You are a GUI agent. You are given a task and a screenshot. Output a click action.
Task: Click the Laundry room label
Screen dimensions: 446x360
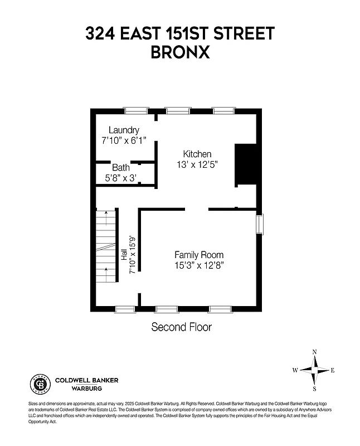click(x=124, y=130)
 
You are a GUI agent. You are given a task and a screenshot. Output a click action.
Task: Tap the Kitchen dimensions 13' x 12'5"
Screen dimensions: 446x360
click(x=197, y=164)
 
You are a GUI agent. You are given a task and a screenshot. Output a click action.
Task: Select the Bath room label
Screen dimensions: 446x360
click(x=121, y=167)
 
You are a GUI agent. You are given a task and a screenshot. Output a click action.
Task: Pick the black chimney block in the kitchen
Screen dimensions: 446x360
click(x=245, y=164)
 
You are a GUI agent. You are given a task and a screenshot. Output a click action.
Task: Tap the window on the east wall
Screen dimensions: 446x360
click(x=260, y=224)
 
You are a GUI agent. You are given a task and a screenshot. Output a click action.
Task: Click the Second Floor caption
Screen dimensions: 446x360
click(x=182, y=327)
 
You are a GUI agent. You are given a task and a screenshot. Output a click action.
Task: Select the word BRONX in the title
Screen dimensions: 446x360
click(x=179, y=52)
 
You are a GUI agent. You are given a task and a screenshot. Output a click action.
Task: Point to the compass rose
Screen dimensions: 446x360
click(x=314, y=370)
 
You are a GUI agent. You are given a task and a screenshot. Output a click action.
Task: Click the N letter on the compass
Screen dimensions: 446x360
click(x=314, y=352)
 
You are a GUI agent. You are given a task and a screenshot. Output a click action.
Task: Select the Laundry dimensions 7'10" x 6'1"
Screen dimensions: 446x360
click(x=124, y=141)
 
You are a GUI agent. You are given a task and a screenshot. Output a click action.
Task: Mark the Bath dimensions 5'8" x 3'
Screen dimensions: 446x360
click(x=121, y=178)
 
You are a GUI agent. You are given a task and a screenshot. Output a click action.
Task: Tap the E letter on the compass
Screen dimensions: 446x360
click(x=333, y=370)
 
